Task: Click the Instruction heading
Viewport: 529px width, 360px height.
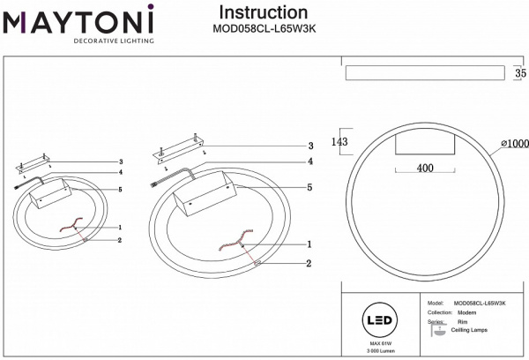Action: (x=262, y=12)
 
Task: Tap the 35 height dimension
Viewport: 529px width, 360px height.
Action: (x=519, y=73)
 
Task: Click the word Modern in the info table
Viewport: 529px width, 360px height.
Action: (x=467, y=313)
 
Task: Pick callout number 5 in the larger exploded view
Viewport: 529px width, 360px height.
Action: (x=309, y=187)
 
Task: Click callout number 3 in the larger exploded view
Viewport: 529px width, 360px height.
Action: (x=309, y=146)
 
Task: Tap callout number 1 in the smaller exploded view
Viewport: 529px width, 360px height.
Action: (x=119, y=228)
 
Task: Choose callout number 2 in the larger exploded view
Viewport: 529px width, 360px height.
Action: (x=309, y=263)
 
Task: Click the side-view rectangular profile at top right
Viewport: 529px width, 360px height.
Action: (x=422, y=73)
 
